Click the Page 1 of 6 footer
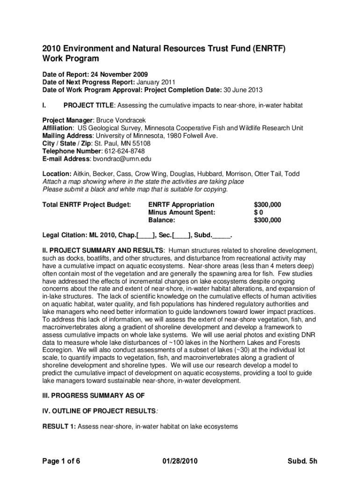pos(61,462)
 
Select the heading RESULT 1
pos(59,426)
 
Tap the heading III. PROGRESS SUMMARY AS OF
pos(94,395)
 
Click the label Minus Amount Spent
pos(182,212)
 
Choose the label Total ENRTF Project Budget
pos(86,204)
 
